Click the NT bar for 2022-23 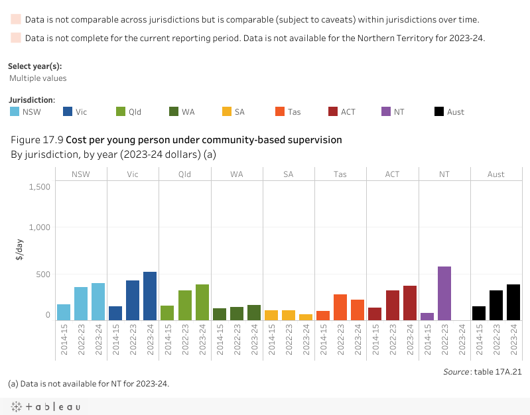tap(444, 294)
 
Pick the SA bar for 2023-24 tap(306, 317)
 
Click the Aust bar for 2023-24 tap(513, 302)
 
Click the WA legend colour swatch tap(174, 111)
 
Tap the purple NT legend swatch tap(387, 111)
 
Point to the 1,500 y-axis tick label tap(39, 186)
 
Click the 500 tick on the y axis tap(42, 274)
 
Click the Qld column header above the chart tap(185, 174)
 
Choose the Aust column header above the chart tap(496, 174)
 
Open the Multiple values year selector tap(38, 78)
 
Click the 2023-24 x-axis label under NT tap(462, 339)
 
